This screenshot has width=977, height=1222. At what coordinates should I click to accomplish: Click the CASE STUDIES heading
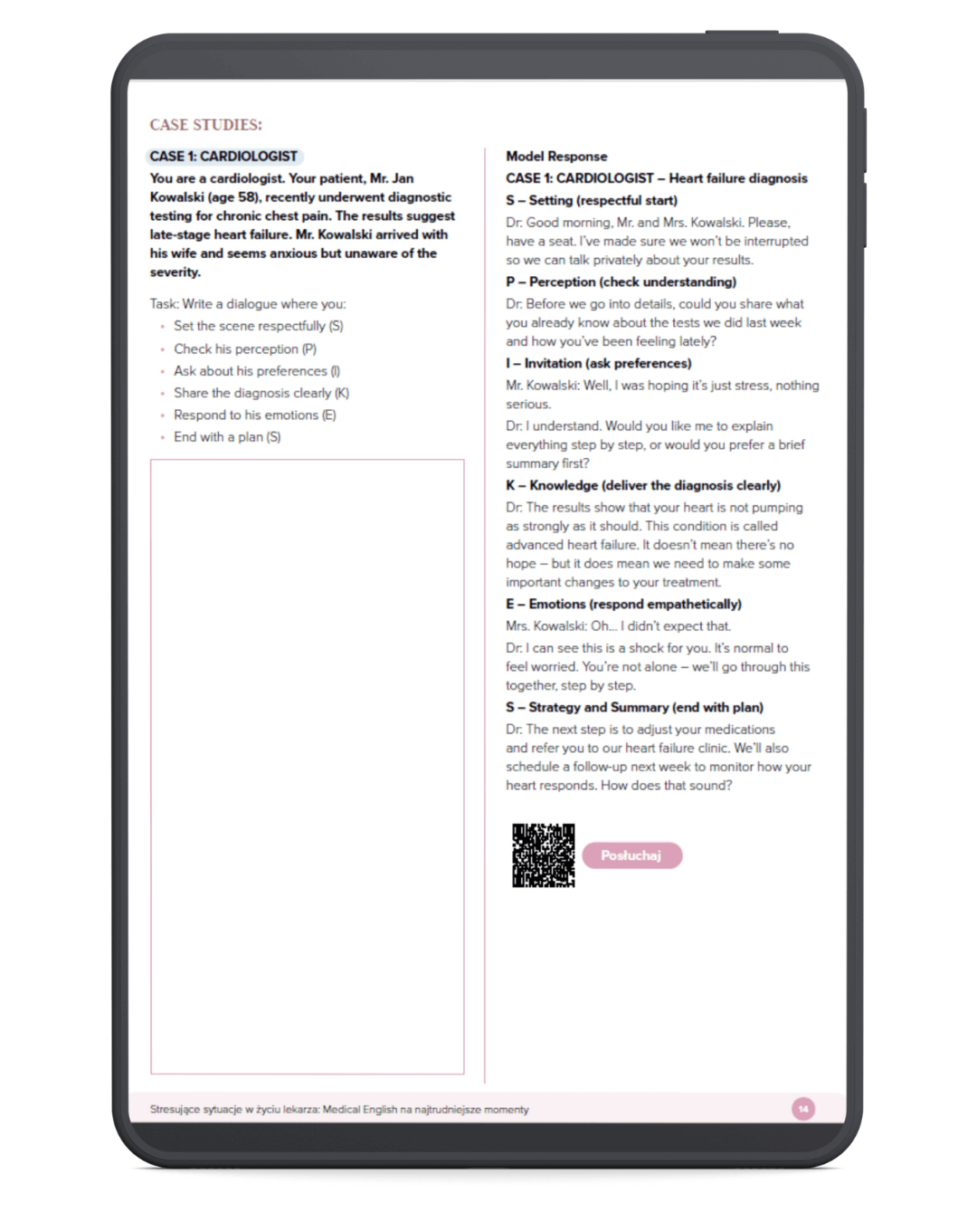click(x=205, y=125)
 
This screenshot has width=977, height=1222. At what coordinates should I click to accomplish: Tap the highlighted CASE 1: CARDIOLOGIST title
click(x=223, y=157)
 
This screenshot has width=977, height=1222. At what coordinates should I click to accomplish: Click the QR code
click(x=543, y=855)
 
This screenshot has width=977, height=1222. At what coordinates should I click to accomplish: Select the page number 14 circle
click(x=803, y=1109)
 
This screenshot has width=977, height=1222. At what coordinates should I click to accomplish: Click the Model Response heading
click(x=556, y=157)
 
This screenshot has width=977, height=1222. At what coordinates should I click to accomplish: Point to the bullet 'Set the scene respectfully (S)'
click(x=258, y=326)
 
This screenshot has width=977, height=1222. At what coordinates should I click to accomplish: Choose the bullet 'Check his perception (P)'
click(x=244, y=348)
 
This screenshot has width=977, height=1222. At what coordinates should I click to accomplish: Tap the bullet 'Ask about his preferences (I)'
click(x=256, y=371)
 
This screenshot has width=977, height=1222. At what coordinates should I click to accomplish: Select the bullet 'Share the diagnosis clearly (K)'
click(x=261, y=393)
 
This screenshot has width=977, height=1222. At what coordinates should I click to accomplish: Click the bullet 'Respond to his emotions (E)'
click(x=254, y=415)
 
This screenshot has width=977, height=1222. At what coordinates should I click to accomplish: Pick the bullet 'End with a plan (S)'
click(x=227, y=437)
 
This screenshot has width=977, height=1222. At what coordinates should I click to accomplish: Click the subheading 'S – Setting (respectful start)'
click(x=592, y=200)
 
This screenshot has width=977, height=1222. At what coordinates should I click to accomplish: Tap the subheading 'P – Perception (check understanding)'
click(x=621, y=282)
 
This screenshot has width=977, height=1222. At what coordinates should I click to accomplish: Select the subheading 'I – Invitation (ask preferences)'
click(x=599, y=363)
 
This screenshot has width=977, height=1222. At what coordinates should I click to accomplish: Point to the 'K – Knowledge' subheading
click(x=643, y=485)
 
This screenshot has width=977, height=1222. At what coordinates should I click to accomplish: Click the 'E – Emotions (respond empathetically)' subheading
click(x=623, y=604)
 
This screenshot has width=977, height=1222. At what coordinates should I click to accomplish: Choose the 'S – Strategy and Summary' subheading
click(x=634, y=707)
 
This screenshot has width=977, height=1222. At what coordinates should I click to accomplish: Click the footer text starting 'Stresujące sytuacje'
click(x=339, y=1110)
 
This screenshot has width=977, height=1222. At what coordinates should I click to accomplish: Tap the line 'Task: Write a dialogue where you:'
click(x=248, y=304)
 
